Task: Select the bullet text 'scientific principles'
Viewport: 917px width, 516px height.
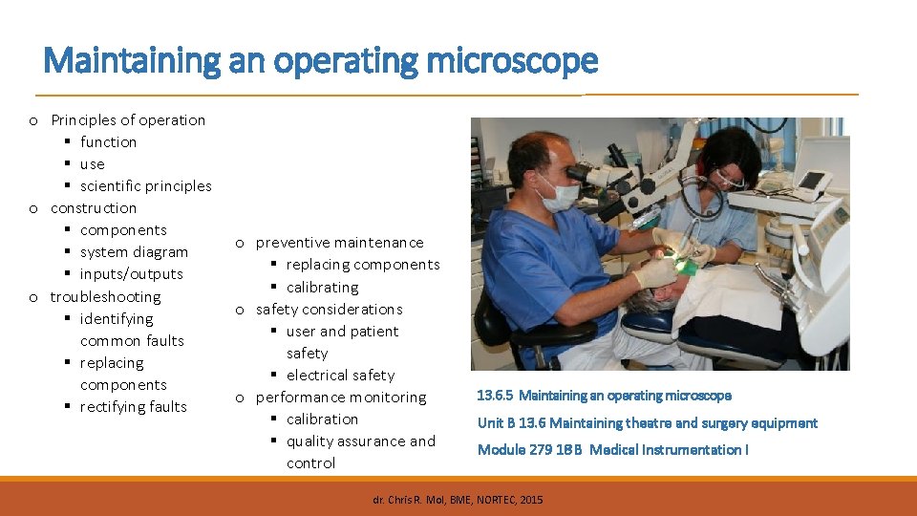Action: point(145,185)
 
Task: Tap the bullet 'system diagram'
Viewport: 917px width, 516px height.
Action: point(134,251)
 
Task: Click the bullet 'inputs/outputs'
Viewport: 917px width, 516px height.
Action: point(131,273)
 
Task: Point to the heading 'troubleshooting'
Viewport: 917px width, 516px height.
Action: point(105,296)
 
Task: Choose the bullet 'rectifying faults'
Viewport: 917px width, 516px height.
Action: point(133,406)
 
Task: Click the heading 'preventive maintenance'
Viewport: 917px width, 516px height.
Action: point(339,242)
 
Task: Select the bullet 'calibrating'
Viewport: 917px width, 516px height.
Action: point(322,287)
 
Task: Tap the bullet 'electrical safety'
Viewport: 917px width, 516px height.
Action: point(340,375)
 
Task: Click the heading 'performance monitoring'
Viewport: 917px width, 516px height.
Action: point(340,397)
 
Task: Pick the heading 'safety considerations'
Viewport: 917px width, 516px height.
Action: point(329,309)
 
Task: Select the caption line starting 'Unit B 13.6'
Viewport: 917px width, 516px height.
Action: point(647,422)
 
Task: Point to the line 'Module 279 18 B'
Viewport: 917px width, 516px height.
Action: point(612,449)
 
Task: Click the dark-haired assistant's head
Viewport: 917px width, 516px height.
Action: point(730,153)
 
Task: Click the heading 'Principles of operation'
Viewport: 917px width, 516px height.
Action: point(128,119)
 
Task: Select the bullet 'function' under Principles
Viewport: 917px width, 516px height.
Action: point(108,141)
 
